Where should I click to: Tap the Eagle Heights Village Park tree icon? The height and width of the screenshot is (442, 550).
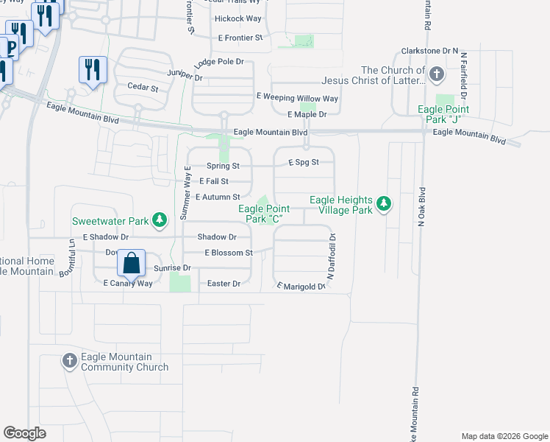click(x=382, y=204)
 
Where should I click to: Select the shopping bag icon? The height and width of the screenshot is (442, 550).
click(x=131, y=263)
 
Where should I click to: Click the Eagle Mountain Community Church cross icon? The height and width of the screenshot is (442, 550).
click(x=70, y=360)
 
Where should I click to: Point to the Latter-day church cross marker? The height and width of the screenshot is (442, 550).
click(x=437, y=74)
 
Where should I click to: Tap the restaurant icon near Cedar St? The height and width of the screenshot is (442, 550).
click(x=93, y=70)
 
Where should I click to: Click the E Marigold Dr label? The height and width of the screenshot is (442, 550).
click(x=300, y=286)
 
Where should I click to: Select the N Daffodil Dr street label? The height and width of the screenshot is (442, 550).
click(x=332, y=256)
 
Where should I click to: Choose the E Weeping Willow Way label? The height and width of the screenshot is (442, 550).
click(x=297, y=98)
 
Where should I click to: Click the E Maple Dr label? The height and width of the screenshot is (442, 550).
click(x=307, y=114)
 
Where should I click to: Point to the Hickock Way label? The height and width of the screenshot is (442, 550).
click(x=238, y=18)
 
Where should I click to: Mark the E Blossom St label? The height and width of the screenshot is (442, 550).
click(x=229, y=252)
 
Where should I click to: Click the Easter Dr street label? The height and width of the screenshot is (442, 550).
click(x=224, y=284)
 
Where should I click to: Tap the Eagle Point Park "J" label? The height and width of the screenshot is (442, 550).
click(x=443, y=114)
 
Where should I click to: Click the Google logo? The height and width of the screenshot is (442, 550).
click(x=24, y=433)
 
